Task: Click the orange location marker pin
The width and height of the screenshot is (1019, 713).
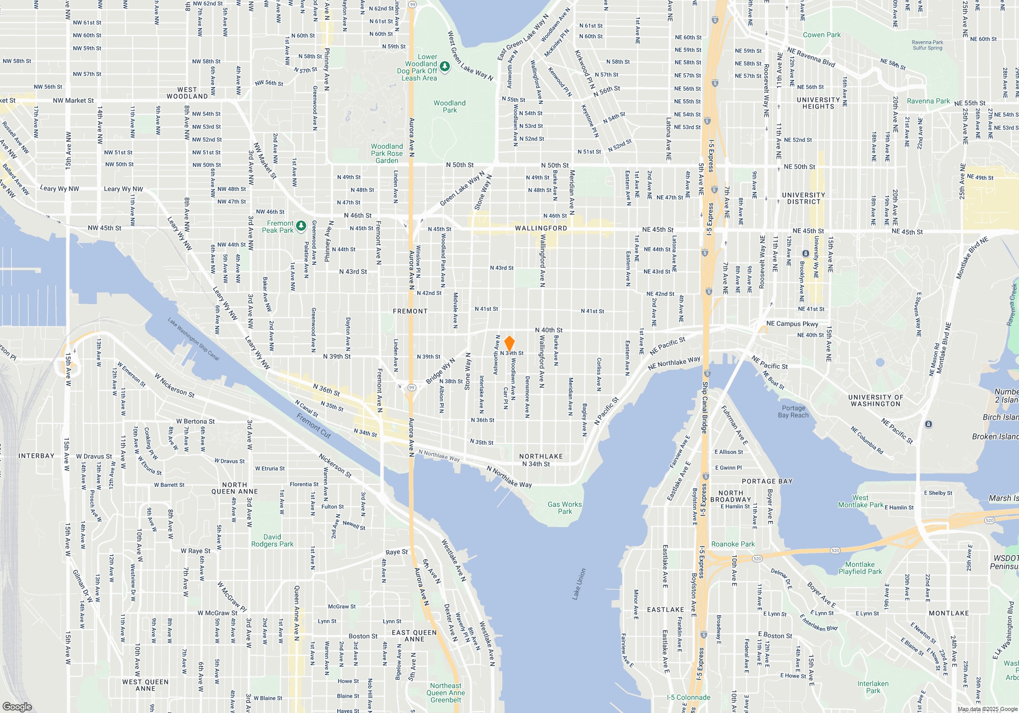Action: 509,343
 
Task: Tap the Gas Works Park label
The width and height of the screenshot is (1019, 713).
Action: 565,508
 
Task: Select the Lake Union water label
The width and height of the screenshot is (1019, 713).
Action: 579,584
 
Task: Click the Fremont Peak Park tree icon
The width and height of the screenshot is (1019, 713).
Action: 301,225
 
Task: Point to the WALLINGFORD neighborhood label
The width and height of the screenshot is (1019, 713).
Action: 541,228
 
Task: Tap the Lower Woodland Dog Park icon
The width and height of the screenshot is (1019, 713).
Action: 445,67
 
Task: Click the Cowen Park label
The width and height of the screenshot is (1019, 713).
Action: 821,35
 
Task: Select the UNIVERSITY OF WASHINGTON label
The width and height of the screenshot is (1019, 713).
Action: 875,400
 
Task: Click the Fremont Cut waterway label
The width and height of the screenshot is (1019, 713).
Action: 314,426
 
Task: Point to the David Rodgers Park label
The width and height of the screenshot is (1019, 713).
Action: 272,540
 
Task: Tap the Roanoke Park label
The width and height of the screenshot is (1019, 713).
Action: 733,544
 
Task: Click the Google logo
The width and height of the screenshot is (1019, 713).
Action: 17,706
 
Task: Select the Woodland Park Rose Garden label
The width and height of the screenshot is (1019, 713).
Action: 387,153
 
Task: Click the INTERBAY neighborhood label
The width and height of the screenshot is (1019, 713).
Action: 36,456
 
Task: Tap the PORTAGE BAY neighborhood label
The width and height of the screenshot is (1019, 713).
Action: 767,481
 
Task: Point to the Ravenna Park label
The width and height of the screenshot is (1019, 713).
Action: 928,101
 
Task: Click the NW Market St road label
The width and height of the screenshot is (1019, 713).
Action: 73,100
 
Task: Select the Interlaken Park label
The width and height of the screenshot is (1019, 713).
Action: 873,687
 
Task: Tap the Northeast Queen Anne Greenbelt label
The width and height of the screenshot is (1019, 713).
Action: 445,693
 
